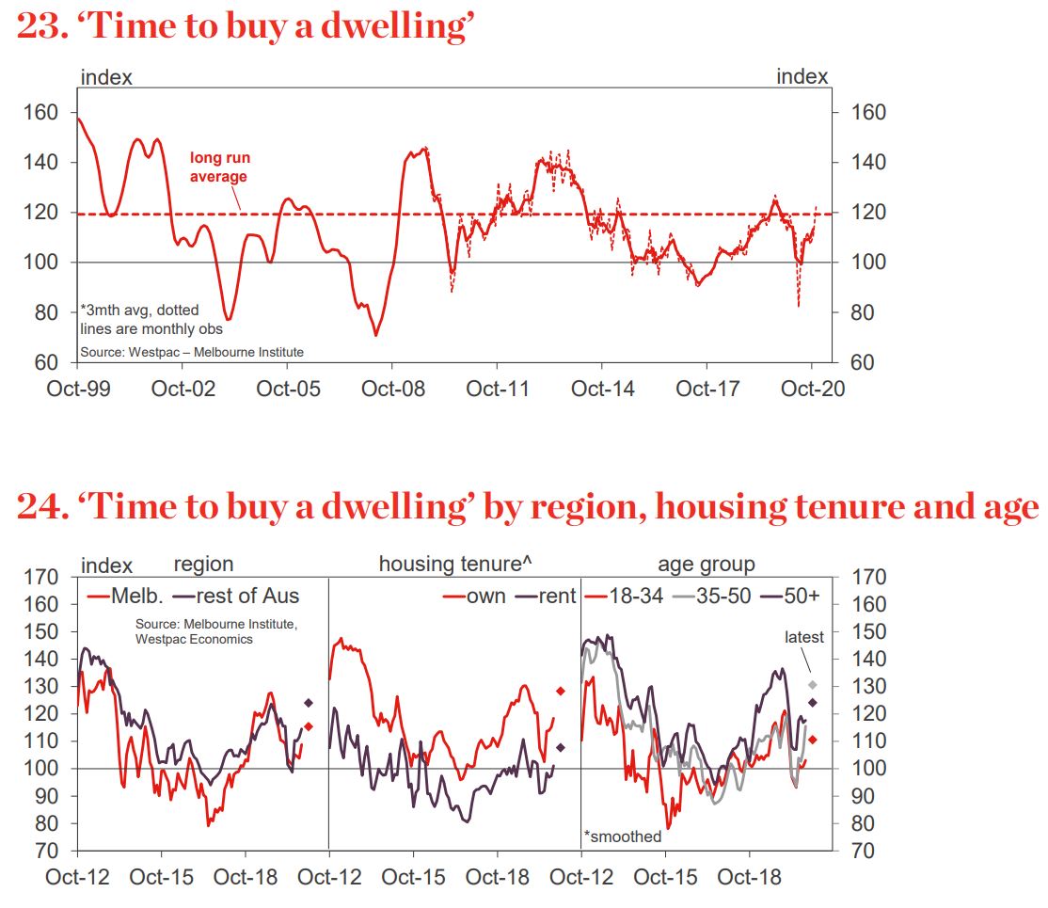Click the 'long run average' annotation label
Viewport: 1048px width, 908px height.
(219, 167)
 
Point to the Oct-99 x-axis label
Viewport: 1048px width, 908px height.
(78, 389)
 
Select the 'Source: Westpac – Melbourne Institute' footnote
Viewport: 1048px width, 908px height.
(192, 352)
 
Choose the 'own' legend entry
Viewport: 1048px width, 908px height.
(485, 596)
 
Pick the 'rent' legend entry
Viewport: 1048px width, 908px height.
(554, 596)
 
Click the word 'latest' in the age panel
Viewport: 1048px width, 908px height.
(804, 637)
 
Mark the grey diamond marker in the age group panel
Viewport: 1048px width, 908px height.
(812, 685)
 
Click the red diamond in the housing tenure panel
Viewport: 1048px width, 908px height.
(561, 692)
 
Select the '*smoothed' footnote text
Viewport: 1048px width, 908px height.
(623, 836)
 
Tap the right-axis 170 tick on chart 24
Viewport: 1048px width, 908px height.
(867, 577)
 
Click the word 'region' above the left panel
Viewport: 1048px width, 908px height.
(203, 565)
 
